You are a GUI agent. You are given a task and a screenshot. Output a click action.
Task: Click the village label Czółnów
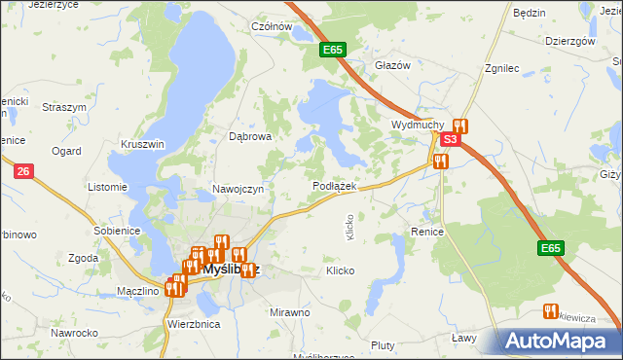272,26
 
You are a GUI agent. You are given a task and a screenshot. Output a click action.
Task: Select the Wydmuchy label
418,126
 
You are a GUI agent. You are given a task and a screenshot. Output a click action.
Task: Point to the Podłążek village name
335,185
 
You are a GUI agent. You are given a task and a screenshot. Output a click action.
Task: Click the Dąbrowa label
249,137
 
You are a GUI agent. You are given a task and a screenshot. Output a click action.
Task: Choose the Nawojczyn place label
238,189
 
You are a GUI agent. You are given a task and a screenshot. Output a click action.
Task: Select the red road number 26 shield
25,171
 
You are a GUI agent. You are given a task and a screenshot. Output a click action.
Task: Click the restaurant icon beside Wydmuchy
460,126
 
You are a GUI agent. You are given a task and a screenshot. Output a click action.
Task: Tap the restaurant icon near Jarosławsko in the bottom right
550,311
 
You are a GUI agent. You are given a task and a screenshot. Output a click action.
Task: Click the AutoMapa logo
561,340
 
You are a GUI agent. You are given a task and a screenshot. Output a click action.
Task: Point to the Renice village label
427,233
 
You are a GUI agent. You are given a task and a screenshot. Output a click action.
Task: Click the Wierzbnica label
194,323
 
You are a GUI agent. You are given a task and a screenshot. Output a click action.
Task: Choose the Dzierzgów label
570,41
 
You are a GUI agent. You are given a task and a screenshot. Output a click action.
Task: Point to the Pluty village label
383,345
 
